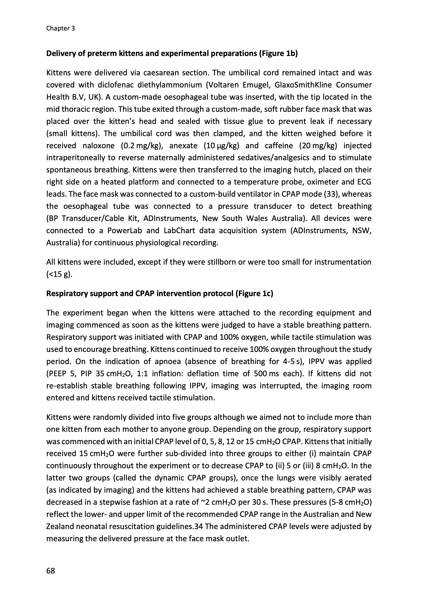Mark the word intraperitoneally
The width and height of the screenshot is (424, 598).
(x=81, y=158)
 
